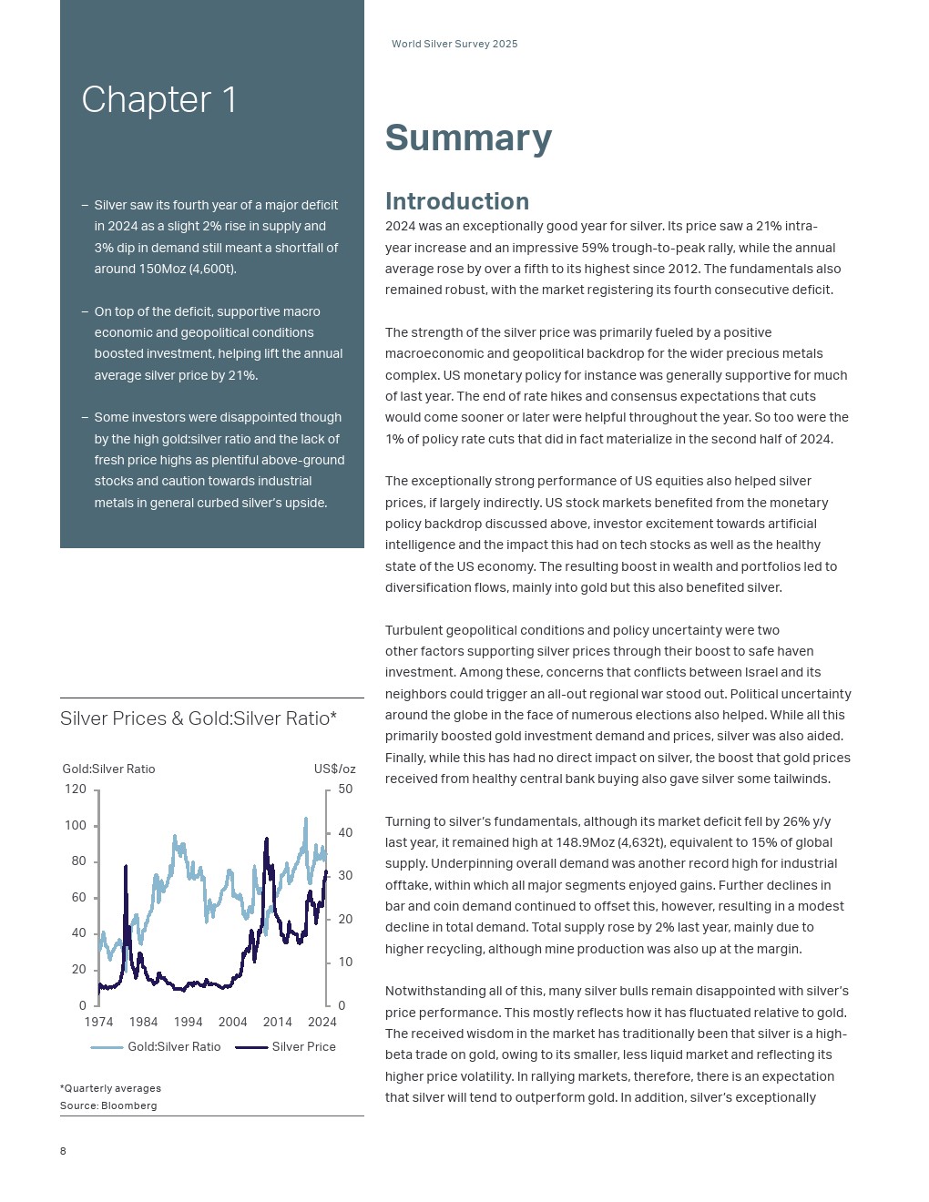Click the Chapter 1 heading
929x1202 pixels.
click(x=159, y=100)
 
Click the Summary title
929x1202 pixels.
click(x=468, y=138)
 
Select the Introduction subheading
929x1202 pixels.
click(x=456, y=201)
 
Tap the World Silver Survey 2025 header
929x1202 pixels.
click(x=454, y=44)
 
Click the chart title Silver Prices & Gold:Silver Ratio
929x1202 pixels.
click(x=199, y=718)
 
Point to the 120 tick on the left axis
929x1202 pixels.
click(x=76, y=789)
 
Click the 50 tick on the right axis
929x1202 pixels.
click(x=345, y=789)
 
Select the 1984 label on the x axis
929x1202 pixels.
click(x=143, y=1022)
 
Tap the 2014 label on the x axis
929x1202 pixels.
click(x=278, y=1022)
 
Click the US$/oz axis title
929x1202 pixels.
click(x=334, y=769)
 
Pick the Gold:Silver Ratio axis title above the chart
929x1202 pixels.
click(x=108, y=769)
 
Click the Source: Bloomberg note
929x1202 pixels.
click(x=108, y=1105)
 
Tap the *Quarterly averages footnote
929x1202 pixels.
click(x=110, y=1088)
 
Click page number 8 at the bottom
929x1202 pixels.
click(x=63, y=1151)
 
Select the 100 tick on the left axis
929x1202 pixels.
click(x=76, y=826)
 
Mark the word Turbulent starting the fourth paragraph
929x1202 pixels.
click(x=414, y=630)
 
